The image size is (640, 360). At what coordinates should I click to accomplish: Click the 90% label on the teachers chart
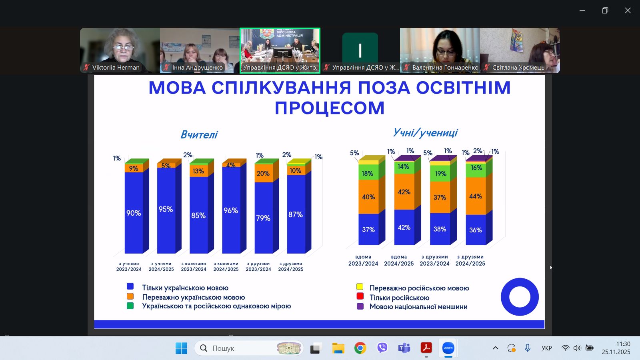pos(134,213)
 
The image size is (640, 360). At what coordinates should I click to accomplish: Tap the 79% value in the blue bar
pos(263,218)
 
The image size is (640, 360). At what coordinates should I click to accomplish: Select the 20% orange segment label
pos(263,174)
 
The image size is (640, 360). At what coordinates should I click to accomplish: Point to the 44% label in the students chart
pos(476,196)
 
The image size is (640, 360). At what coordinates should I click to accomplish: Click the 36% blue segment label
pos(476,230)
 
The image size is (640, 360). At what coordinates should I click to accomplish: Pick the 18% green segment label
pos(368,174)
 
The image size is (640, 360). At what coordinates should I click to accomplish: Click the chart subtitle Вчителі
pos(199,134)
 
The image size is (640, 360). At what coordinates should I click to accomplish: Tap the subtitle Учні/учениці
pos(425,133)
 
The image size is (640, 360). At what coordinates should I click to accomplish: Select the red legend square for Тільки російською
pos(360,296)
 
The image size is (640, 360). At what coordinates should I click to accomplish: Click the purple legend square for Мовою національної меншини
pos(360,306)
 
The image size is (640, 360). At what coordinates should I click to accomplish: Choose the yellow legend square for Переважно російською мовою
pos(360,286)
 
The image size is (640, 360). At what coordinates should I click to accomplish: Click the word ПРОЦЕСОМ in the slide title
pos(330,108)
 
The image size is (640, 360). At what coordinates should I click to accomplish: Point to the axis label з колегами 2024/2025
pos(226,266)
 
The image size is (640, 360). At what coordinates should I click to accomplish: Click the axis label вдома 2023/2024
pos(363,260)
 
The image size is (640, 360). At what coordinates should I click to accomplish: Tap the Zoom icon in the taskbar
pos(448,348)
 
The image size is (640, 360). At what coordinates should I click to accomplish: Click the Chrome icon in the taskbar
pos(360,348)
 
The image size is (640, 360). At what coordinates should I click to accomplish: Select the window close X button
pos(628,10)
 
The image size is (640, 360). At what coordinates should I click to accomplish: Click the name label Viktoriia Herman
pos(116,68)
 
